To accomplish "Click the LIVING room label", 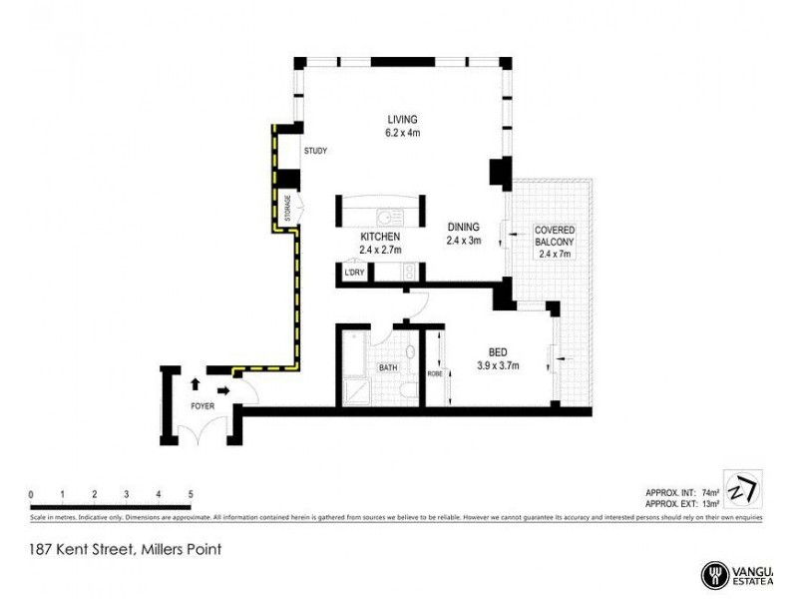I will pyautogui.click(x=402, y=120).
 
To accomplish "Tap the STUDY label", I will pyautogui.click(x=315, y=152).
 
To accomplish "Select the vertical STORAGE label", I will pyautogui.click(x=287, y=206).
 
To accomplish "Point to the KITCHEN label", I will pyautogui.click(x=378, y=237).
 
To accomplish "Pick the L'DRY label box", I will pyautogui.click(x=352, y=273).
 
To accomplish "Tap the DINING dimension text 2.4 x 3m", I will pyautogui.click(x=463, y=240).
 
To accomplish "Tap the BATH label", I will pyautogui.click(x=387, y=368).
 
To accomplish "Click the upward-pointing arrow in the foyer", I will pyautogui.click(x=196, y=382).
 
